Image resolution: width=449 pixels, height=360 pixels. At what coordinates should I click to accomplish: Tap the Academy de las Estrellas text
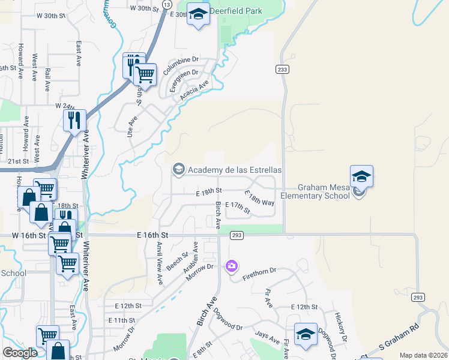[235, 170]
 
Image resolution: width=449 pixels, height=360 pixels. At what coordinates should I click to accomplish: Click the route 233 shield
[282, 70]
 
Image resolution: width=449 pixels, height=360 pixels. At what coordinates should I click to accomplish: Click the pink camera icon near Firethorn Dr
[231, 266]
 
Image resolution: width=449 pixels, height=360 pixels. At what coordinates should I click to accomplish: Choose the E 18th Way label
[260, 199]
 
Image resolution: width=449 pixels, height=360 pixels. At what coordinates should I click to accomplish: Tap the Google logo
[20, 353]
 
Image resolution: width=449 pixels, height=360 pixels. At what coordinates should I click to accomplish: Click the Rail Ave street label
[47, 78]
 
